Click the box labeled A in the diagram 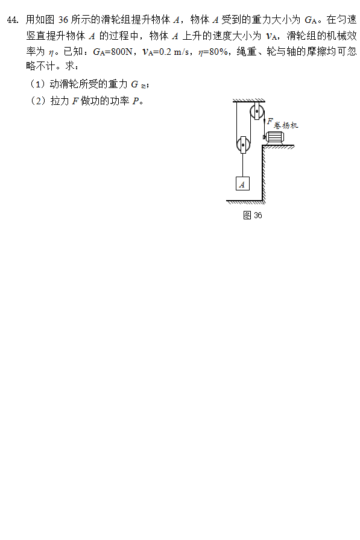pyautogui.click(x=242, y=184)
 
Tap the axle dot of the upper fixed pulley pyautogui.click(x=257, y=111)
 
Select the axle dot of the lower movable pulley pyautogui.click(x=244, y=145)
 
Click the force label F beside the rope pyautogui.click(x=270, y=121)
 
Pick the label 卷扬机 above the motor pyautogui.click(x=286, y=125)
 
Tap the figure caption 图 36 pyautogui.click(x=253, y=215)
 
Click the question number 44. pyautogui.click(x=13, y=20)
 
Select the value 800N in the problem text pyautogui.click(x=122, y=52)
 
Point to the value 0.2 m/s pyautogui.click(x=174, y=52)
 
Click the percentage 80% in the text pyautogui.click(x=219, y=52)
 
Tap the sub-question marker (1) pyautogui.click(x=38, y=84)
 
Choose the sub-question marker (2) pyautogui.click(x=38, y=101)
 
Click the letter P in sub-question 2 pyautogui.click(x=136, y=101)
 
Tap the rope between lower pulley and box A pyautogui.click(x=243, y=165)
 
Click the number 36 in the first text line pyautogui.click(x=63, y=20)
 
